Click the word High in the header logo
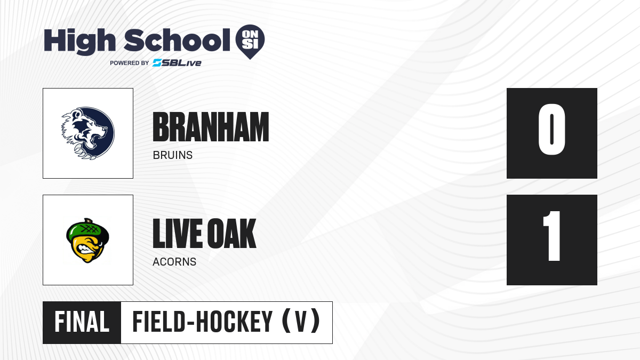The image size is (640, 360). coord(79,41)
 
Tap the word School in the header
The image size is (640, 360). coord(177,39)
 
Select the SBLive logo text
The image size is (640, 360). coord(177,62)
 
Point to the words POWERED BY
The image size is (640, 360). coord(130,63)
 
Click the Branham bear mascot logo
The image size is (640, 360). coord(88,133)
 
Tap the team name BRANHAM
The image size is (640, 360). coord(211,127)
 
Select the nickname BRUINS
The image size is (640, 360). coord(173,155)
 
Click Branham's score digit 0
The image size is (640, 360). coord(551,129)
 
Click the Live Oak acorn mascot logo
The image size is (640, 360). coord(87,241)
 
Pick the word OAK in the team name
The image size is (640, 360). coord(231,234)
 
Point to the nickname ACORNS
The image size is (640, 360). coord(174,262)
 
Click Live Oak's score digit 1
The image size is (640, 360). coord(551,236)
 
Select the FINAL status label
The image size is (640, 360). coord(82,322)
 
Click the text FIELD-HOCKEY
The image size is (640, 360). coord(202,322)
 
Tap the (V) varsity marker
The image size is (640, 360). coord(301,321)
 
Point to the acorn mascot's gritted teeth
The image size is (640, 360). coord(86,249)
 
